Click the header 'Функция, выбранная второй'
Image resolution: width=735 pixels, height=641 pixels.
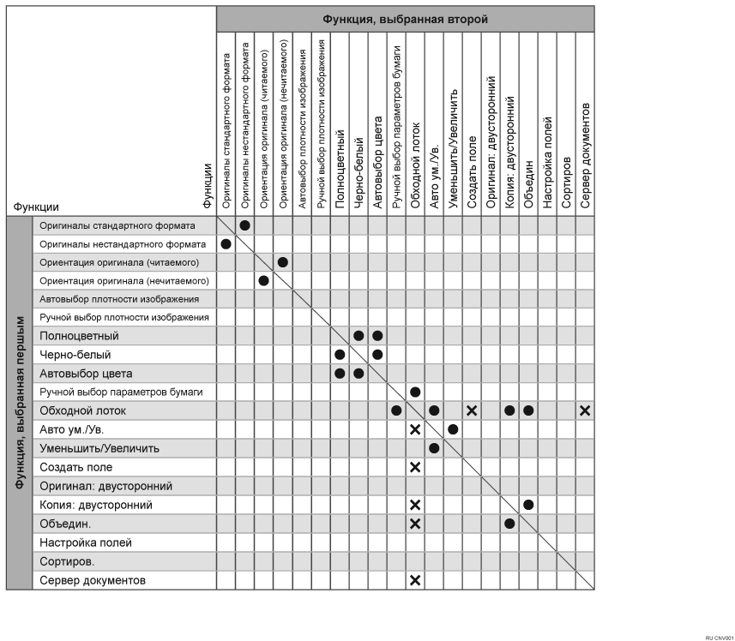(x=405, y=18)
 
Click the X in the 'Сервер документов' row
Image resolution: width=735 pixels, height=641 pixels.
(x=415, y=580)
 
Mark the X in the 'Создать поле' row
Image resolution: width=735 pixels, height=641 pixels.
(x=415, y=467)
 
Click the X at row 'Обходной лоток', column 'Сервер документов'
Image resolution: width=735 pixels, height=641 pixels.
(x=585, y=410)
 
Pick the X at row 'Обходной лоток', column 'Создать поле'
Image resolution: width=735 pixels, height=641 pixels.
(x=472, y=410)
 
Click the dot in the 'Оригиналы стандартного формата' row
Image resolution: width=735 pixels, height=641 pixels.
(x=245, y=225)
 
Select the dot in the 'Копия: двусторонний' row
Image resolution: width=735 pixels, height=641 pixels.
(x=528, y=505)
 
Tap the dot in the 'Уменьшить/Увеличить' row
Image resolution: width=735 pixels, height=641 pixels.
(x=434, y=448)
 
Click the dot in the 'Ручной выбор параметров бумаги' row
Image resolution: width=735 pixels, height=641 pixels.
(x=415, y=392)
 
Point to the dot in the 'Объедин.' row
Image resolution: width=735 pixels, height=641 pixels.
(x=509, y=524)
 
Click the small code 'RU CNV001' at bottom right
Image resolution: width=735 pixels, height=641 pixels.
(x=719, y=638)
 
